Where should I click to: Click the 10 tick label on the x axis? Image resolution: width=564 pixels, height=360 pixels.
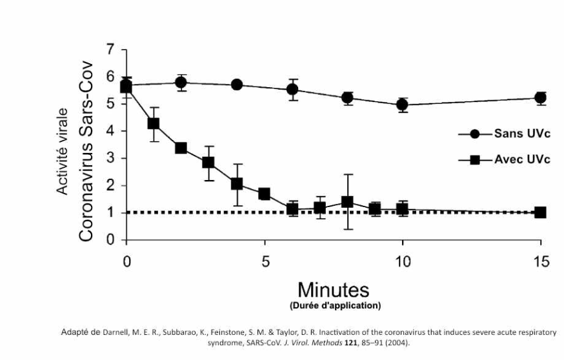(x=403, y=261)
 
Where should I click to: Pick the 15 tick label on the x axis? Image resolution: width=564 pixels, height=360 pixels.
(x=541, y=261)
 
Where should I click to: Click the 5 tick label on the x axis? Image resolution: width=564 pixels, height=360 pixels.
(x=265, y=261)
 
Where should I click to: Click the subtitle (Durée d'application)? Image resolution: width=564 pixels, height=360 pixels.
(x=332, y=305)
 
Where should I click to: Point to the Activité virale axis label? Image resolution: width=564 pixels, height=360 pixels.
(x=63, y=152)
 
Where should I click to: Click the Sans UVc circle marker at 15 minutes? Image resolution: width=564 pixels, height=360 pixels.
(x=541, y=98)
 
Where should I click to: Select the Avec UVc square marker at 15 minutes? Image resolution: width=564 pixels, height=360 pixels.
(x=541, y=212)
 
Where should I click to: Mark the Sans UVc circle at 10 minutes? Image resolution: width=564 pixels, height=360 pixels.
(x=403, y=105)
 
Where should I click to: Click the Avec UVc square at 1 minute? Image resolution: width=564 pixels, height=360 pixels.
(x=154, y=123)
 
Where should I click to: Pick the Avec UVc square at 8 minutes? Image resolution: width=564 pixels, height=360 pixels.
(x=347, y=202)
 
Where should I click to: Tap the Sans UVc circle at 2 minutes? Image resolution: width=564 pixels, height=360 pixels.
(x=181, y=83)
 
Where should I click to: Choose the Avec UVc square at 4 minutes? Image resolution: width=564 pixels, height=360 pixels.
(x=237, y=184)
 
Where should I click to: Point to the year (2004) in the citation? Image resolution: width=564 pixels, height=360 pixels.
(x=397, y=343)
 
